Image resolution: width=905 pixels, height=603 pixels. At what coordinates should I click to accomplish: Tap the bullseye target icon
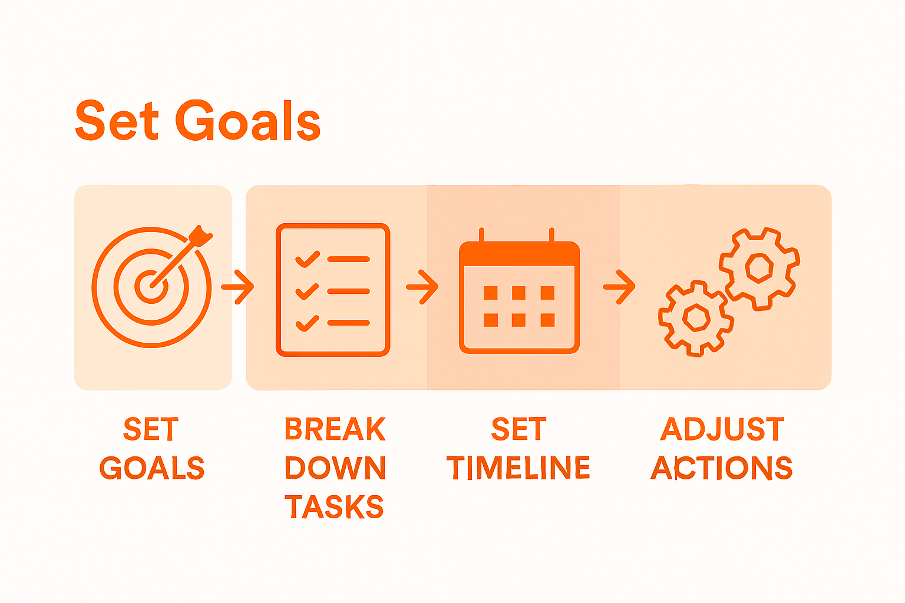point(151,287)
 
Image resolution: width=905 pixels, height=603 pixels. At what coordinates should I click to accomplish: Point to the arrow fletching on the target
point(202,236)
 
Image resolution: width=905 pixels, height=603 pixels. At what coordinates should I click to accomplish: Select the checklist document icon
point(333,290)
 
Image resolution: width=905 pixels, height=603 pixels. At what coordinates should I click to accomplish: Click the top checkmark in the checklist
point(307,259)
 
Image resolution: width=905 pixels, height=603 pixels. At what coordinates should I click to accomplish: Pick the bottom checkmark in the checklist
point(307,323)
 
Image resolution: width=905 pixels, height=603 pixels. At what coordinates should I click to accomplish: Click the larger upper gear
point(759,268)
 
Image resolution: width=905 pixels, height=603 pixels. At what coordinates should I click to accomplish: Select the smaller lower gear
point(696,318)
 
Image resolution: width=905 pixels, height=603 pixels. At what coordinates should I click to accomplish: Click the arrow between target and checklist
point(238,287)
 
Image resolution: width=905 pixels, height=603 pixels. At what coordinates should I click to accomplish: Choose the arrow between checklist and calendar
point(422,287)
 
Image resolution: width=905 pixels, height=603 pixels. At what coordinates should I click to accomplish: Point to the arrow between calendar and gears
point(619,287)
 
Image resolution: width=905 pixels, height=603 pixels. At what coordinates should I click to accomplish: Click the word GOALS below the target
point(152,468)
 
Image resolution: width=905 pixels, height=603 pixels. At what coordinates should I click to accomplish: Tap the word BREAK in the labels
point(335,429)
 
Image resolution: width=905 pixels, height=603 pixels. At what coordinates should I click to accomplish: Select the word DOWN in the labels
point(335,468)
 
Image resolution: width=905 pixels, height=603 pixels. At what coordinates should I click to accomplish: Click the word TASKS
point(334,507)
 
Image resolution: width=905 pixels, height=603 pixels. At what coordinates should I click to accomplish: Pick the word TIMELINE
point(518,468)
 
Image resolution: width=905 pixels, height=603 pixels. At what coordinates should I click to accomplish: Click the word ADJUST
point(722,429)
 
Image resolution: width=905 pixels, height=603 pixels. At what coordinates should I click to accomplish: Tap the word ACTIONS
point(722,468)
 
